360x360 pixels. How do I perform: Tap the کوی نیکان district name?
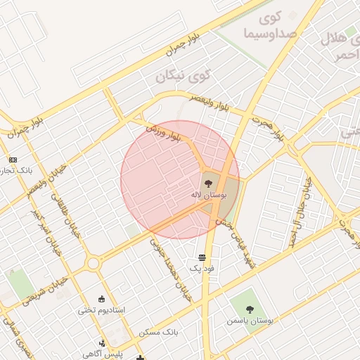coord(182,74)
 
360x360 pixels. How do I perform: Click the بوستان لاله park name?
coord(209,193)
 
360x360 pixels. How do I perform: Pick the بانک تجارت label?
coord(15,171)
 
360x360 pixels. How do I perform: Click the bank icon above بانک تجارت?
coord(13,160)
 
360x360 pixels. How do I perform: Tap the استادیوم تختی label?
coord(103,309)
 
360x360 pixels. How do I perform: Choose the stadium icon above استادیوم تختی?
coord(102,299)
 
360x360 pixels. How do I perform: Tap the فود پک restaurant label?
coord(202,269)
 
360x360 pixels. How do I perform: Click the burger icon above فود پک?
coord(202,257)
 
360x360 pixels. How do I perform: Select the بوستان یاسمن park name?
coord(250,320)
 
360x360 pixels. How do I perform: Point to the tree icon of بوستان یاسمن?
coord(250,309)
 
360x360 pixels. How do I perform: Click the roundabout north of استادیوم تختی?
coord(93,263)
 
